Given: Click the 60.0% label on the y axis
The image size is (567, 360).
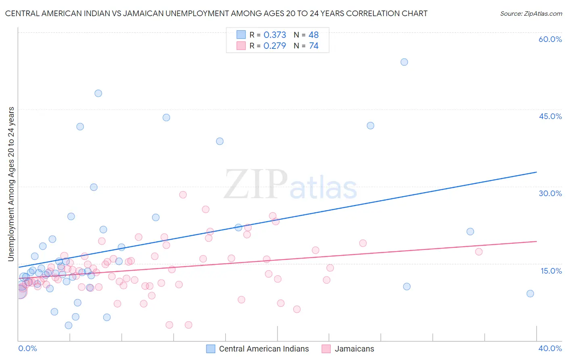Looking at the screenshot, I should pyautogui.click(x=550, y=39).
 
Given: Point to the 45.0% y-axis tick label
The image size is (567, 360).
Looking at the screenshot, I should pyautogui.click(x=550, y=116).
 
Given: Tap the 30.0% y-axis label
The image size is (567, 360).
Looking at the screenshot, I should pyautogui.click(x=550, y=193).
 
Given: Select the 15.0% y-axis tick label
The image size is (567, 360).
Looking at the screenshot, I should pyautogui.click(x=551, y=271).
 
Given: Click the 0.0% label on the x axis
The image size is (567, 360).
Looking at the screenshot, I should pyautogui.click(x=27, y=348).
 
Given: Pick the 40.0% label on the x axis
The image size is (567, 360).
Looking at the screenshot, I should pyautogui.click(x=550, y=348).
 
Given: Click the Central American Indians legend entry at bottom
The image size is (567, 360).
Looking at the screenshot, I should pyautogui.click(x=264, y=349).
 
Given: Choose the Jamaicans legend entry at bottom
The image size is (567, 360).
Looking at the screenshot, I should pyautogui.click(x=354, y=349).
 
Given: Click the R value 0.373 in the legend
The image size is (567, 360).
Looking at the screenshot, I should pyautogui.click(x=275, y=35).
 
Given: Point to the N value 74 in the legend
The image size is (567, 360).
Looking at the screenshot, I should pyautogui.click(x=314, y=46).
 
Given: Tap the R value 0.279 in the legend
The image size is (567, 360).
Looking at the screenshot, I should pyautogui.click(x=275, y=46).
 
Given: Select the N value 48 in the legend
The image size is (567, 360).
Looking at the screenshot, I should pyautogui.click(x=314, y=35).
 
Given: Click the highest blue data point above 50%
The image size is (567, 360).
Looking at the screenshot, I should pyautogui.click(x=404, y=62).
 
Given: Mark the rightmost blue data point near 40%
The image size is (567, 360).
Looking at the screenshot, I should pyautogui.click(x=530, y=293).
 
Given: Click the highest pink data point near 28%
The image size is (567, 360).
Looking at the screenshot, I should pyautogui.click(x=183, y=195).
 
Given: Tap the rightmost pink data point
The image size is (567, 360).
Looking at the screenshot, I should pyautogui.click(x=479, y=252).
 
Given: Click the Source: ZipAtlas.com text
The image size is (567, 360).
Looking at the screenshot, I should pyautogui.click(x=531, y=14).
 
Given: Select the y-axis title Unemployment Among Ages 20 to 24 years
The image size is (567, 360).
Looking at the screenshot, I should pyautogui.click(x=11, y=184).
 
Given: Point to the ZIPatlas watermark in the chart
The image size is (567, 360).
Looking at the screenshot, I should pyautogui.click(x=290, y=184).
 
